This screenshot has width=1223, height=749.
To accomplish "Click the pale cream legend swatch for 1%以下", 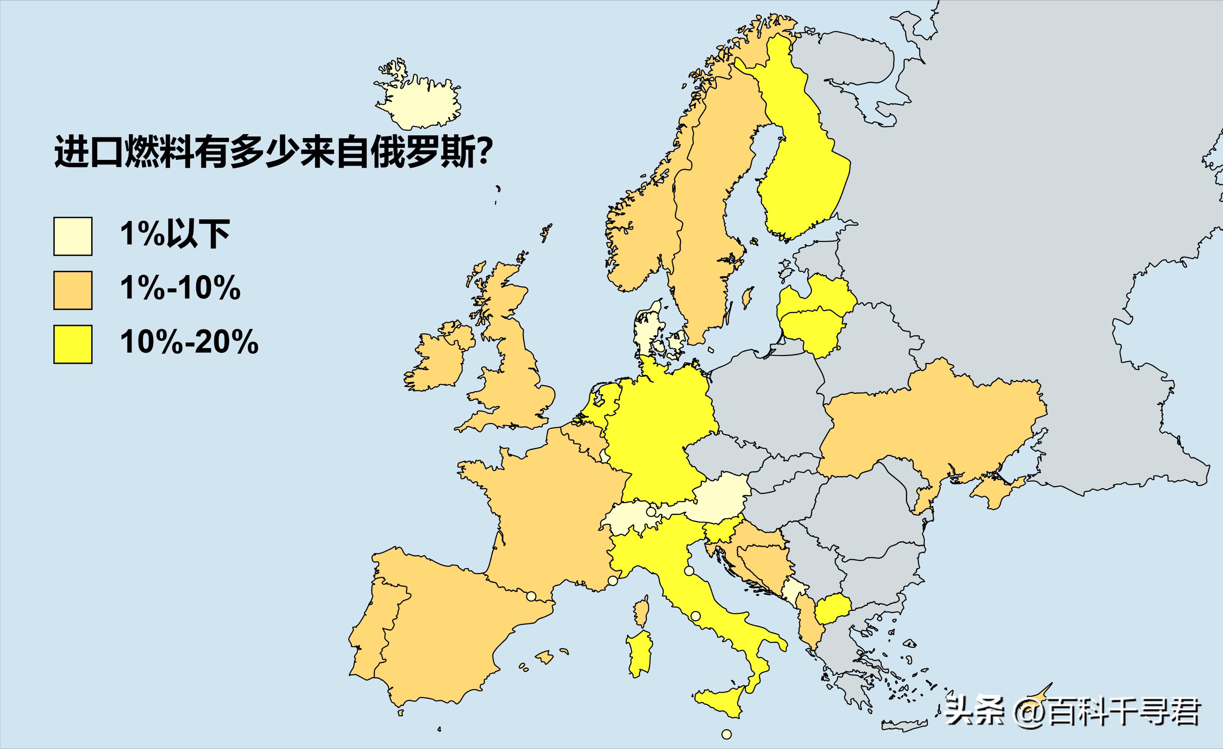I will [73, 236].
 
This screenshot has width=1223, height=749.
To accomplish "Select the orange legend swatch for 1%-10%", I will [73, 290].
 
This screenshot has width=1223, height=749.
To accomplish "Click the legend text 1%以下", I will [175, 234].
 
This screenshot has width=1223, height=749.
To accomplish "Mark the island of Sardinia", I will [639, 652].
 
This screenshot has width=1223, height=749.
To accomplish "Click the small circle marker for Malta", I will [727, 734].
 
